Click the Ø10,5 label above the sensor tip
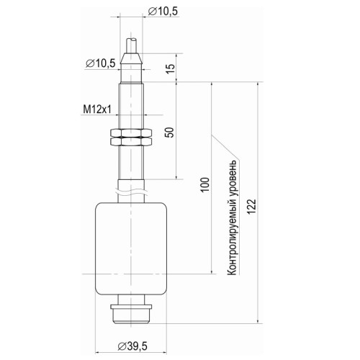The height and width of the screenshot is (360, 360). [163, 10]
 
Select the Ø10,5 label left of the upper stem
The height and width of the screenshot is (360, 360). [100, 64]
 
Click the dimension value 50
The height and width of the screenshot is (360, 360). [169, 132]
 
